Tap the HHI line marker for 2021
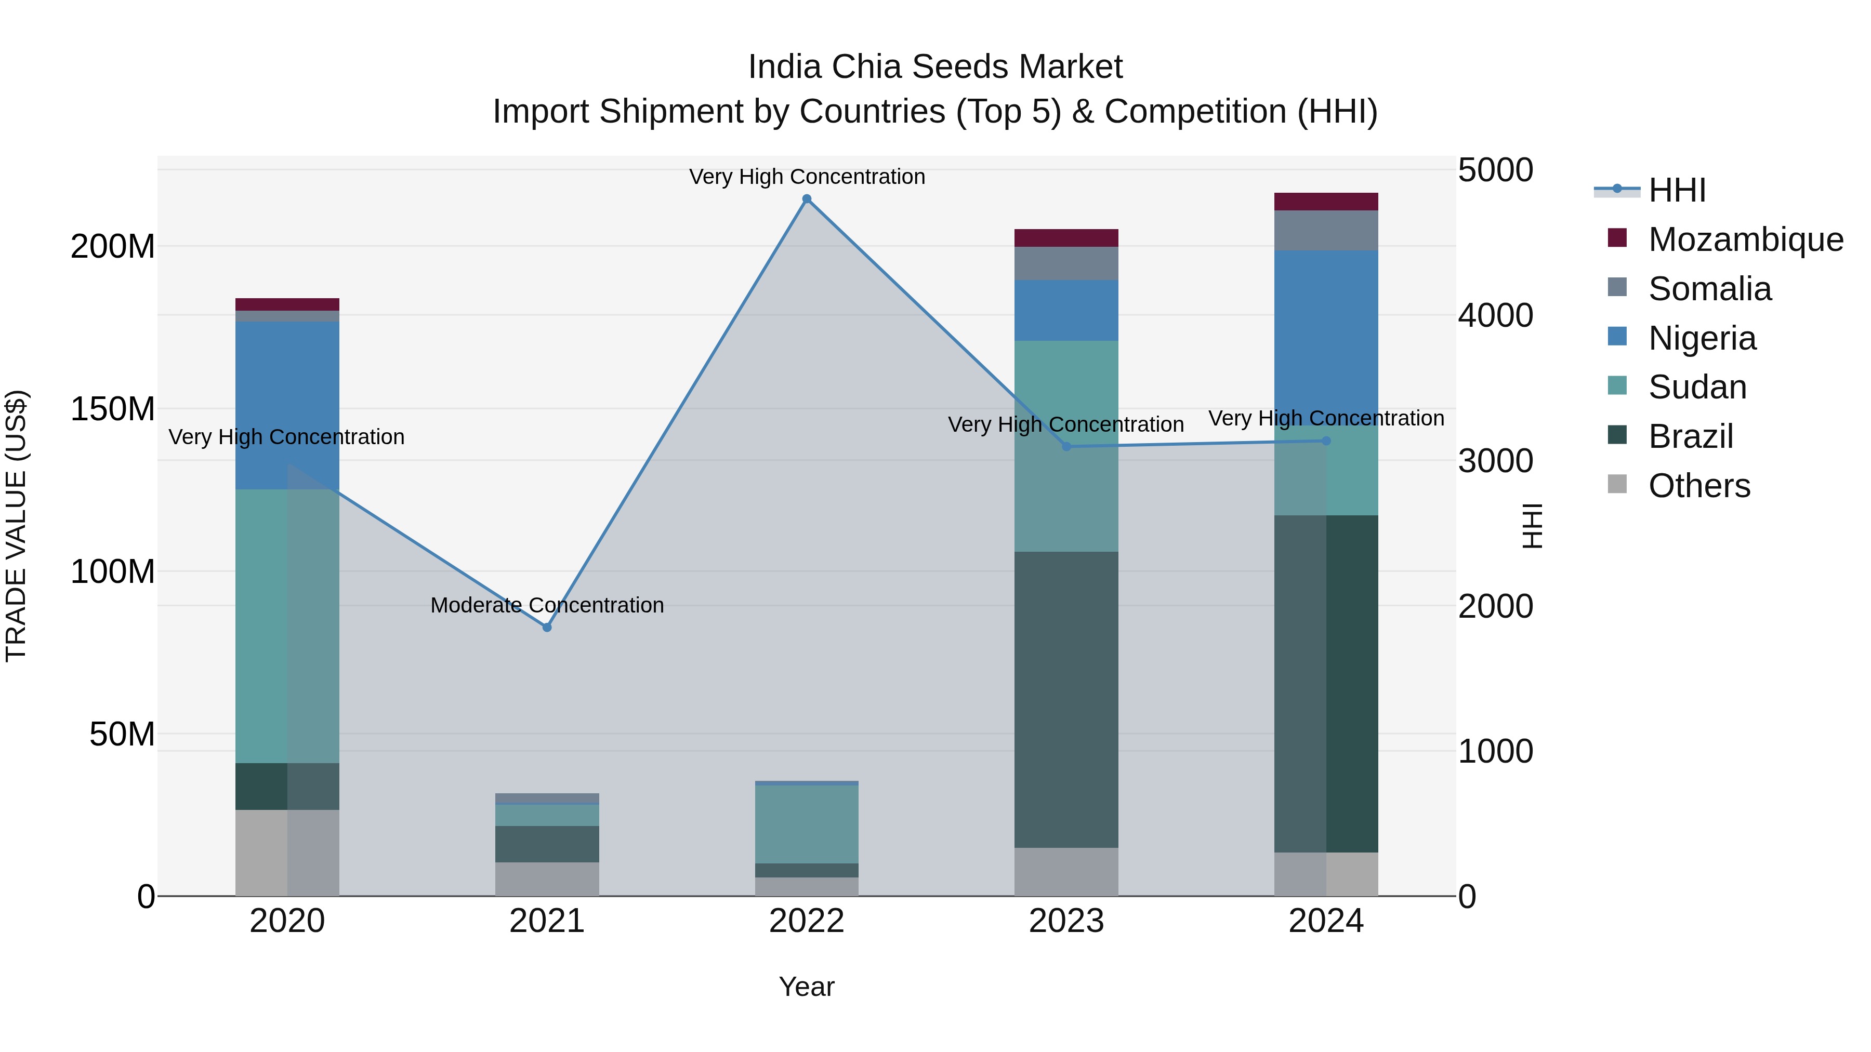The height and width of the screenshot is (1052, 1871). [x=547, y=627]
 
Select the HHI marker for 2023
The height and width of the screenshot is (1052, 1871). [x=1066, y=446]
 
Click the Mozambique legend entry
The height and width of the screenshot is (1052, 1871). [x=1745, y=239]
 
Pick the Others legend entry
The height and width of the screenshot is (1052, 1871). [x=1699, y=486]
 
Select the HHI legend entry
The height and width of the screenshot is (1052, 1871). [x=1676, y=190]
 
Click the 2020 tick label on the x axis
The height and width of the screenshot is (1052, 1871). [x=287, y=921]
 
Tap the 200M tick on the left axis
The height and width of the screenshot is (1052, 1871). [x=113, y=247]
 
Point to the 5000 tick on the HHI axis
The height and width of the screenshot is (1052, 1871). [x=1495, y=170]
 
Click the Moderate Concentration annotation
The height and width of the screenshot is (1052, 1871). [x=547, y=605]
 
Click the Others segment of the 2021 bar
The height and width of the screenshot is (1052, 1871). [x=547, y=878]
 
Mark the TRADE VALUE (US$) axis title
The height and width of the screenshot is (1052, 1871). [x=16, y=526]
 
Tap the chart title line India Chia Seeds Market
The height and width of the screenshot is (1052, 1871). [x=935, y=67]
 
